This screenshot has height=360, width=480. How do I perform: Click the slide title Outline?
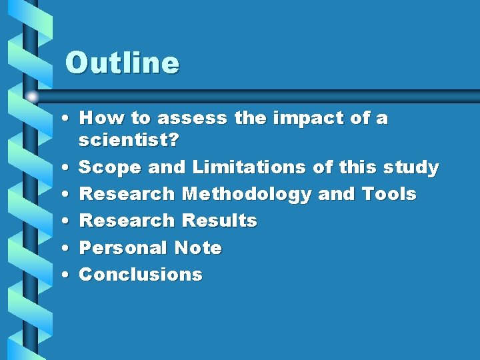point(122,63)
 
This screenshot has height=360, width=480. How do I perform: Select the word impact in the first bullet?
point(311,119)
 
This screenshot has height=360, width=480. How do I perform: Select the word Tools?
point(389,194)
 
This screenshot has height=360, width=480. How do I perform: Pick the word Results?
point(219,221)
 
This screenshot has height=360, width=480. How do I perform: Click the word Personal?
point(124,248)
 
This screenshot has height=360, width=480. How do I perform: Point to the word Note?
point(198,248)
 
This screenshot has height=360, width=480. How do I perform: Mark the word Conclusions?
point(141,275)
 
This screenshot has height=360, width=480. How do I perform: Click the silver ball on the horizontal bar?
point(32,97)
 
